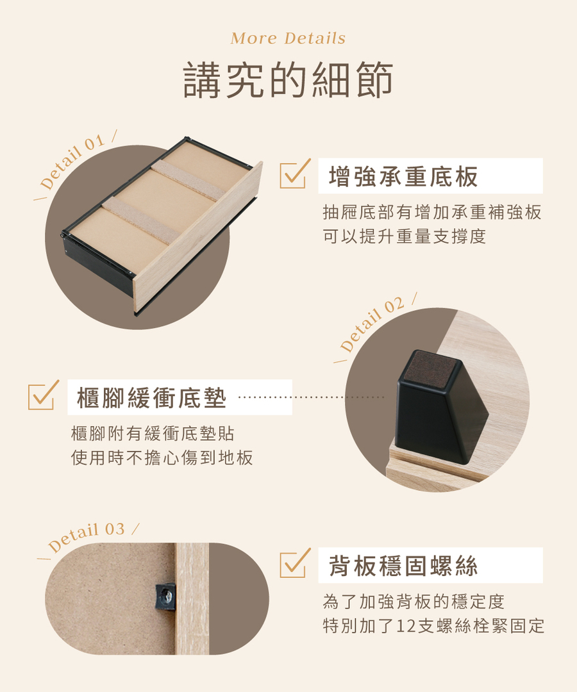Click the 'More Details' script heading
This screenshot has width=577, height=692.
click(288, 38)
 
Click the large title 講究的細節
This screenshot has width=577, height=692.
click(288, 81)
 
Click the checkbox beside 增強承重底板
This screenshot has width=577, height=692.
click(294, 174)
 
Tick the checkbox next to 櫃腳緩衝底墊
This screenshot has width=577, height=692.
click(42, 396)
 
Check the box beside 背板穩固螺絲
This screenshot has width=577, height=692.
click(294, 564)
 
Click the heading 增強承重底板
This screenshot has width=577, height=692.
click(403, 176)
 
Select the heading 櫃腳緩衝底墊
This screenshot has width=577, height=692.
click(152, 398)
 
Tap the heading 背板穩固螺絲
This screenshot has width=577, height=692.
click(403, 566)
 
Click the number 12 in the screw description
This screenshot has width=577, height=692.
click(406, 626)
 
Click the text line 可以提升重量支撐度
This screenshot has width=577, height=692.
click(405, 236)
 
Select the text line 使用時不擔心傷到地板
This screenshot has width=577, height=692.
click(162, 457)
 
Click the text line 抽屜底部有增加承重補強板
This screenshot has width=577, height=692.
click(432, 212)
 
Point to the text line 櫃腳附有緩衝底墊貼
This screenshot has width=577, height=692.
click(153, 434)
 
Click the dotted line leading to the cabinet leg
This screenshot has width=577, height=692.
click(311, 397)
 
